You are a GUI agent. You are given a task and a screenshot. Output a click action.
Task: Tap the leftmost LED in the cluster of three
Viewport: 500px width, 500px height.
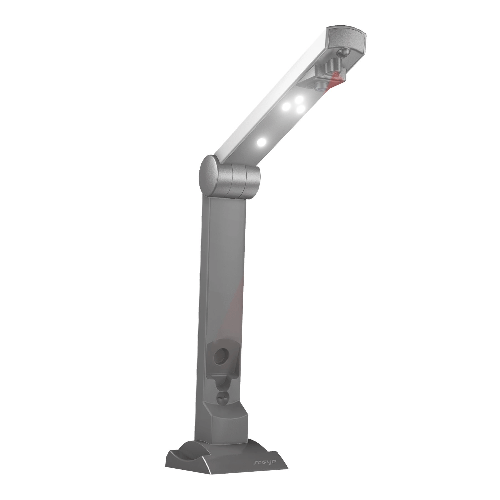pos(286,107)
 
